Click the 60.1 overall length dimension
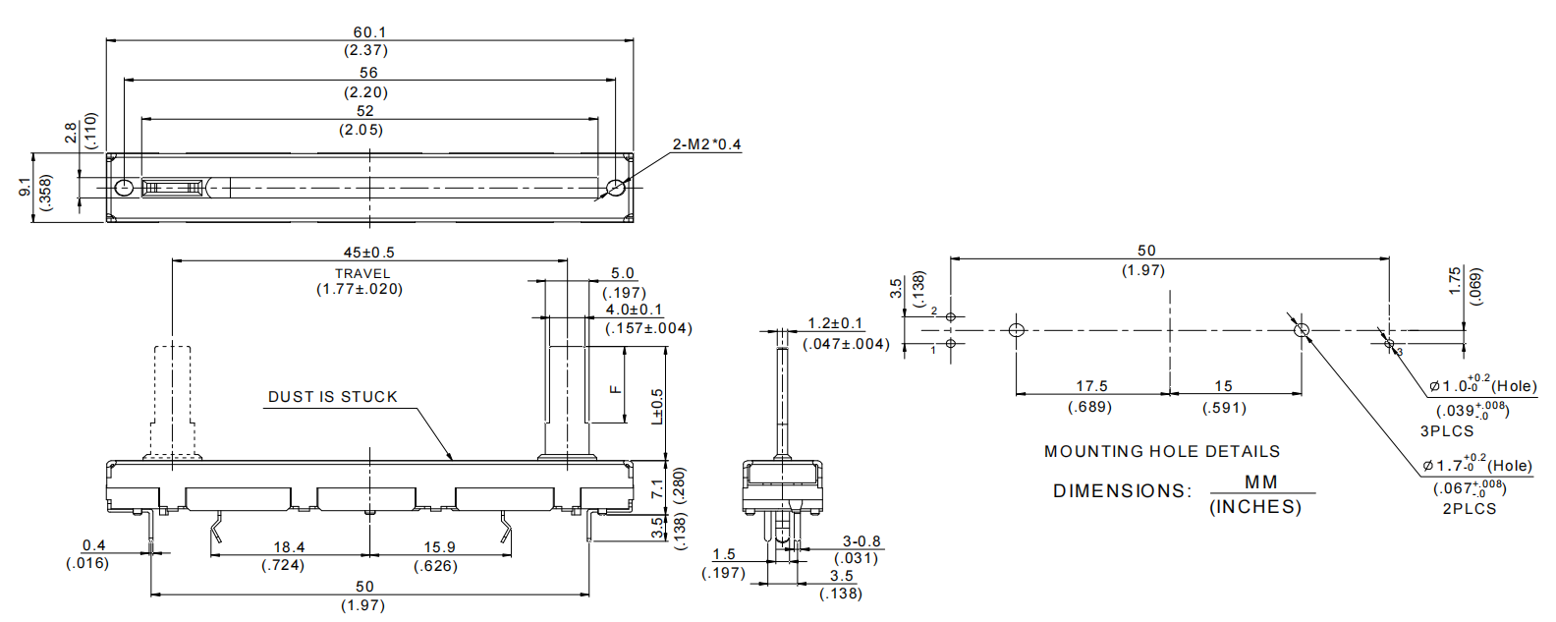point(369,32)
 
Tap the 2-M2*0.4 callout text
point(706,144)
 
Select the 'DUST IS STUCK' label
point(333,397)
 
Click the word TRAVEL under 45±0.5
point(362,274)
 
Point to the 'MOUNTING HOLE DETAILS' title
point(1162,452)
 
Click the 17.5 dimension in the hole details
point(1092,386)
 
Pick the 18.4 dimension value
point(289,547)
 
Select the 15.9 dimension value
point(440,547)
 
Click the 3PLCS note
point(1447,431)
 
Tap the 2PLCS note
point(1470,509)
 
